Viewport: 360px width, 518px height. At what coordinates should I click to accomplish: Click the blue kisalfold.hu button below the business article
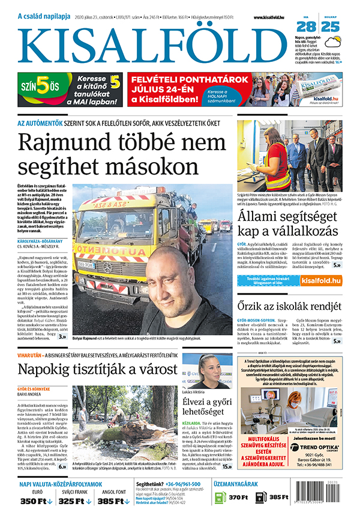tap(321, 280)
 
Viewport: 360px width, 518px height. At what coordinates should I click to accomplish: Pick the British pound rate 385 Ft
tap(113, 501)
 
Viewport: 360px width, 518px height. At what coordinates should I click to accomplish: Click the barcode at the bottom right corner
tap(332, 495)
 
